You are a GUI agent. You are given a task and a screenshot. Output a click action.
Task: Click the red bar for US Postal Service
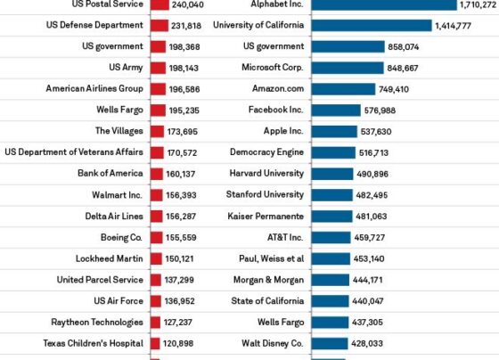[160, 4]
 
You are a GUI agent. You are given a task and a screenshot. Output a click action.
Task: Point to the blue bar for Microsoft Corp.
[346, 68]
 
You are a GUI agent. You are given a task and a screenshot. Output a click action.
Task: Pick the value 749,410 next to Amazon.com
[393, 89]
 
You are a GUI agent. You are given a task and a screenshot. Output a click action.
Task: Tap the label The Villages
[120, 131]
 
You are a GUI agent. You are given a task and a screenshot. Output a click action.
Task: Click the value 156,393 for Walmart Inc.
[181, 195]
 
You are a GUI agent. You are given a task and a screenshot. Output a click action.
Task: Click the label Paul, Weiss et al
[271, 259]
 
